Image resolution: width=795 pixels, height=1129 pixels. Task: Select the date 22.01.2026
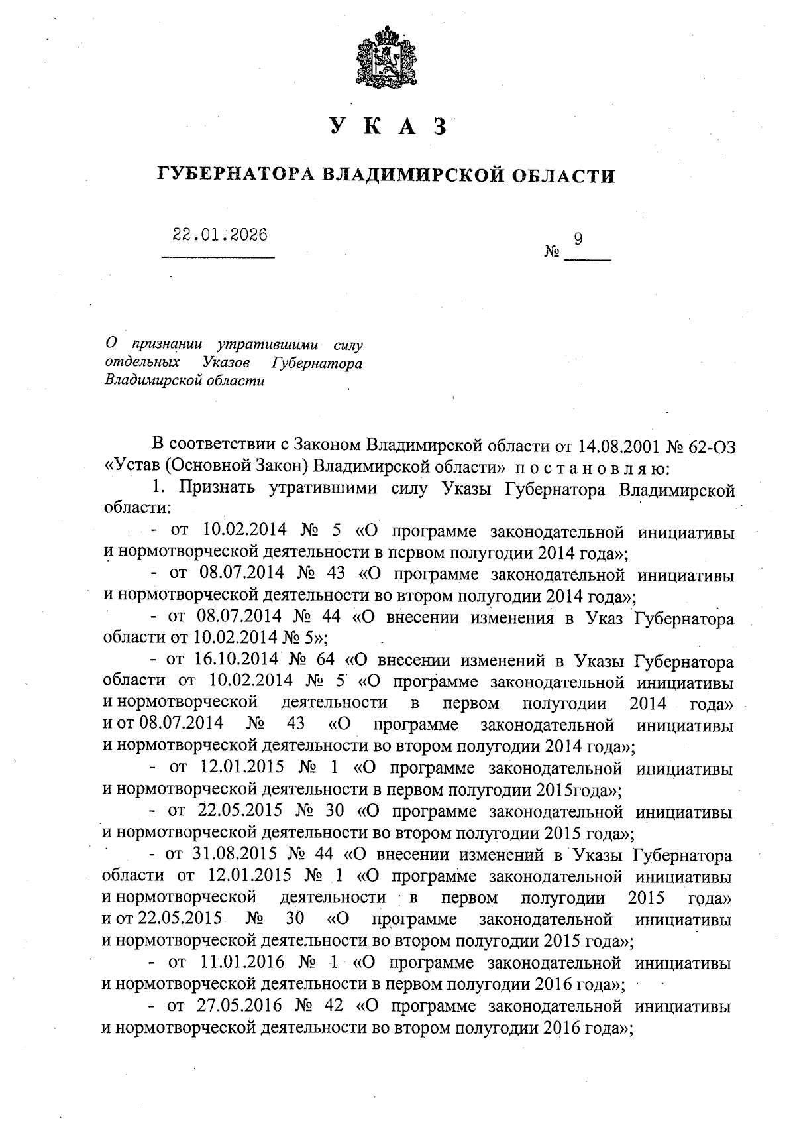(220, 235)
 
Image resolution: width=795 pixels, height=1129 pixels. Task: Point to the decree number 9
(578, 239)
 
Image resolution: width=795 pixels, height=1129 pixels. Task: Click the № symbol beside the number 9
(552, 253)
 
